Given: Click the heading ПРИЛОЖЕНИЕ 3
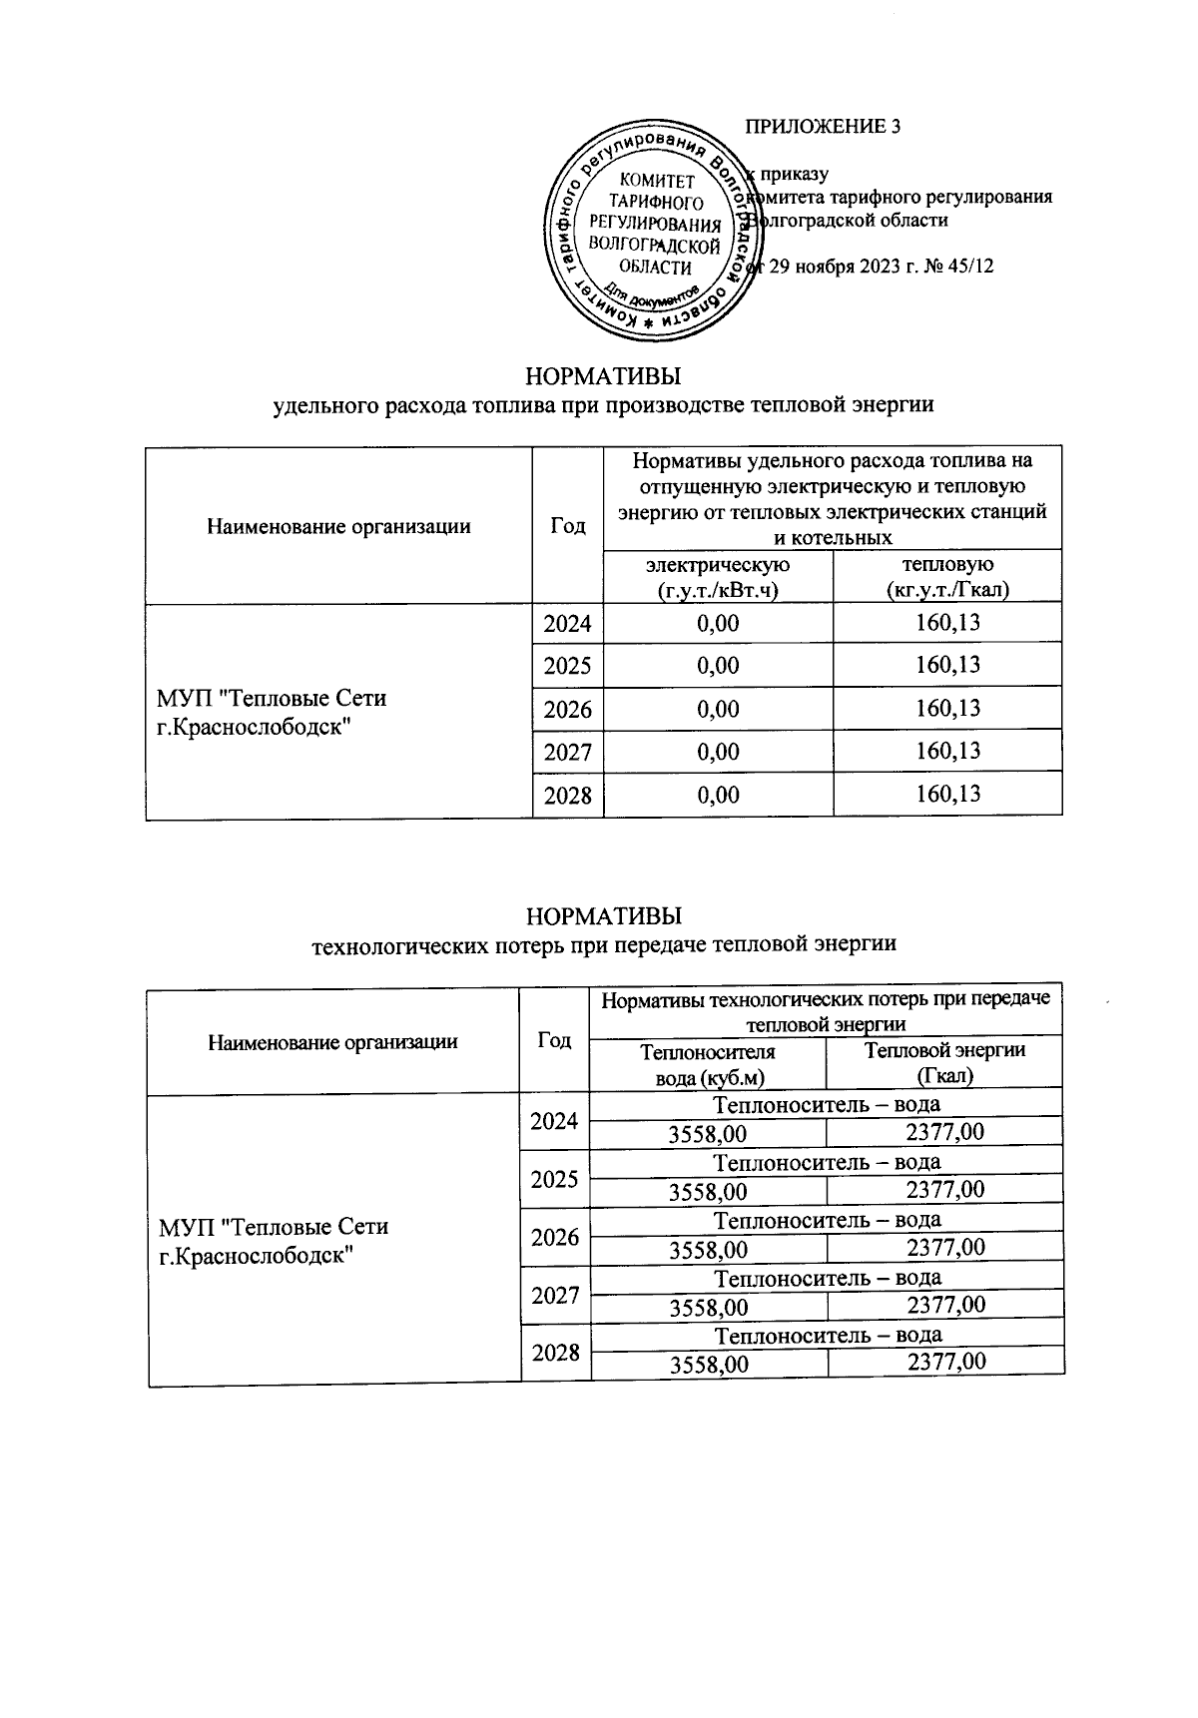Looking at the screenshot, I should [824, 127].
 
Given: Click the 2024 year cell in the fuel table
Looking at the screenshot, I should [567, 625].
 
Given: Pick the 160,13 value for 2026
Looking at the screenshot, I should [947, 709].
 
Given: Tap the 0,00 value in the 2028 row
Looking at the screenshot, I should [718, 796].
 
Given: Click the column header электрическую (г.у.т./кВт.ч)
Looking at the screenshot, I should [718, 577].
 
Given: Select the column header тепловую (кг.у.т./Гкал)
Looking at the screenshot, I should [947, 577].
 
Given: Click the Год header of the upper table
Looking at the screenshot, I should [567, 525].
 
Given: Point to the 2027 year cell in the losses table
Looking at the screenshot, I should [555, 1296].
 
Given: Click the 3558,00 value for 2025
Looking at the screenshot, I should [708, 1192].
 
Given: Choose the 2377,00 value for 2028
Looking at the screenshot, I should [945, 1363].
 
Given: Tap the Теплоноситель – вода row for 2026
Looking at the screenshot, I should [828, 1220].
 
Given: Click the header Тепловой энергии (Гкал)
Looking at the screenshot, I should [944, 1062].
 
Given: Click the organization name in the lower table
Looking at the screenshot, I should [274, 1240].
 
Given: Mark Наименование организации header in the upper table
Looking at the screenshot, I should [338, 526].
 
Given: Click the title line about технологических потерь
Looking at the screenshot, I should [604, 943].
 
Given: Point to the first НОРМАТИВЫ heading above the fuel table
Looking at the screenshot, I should [603, 377].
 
